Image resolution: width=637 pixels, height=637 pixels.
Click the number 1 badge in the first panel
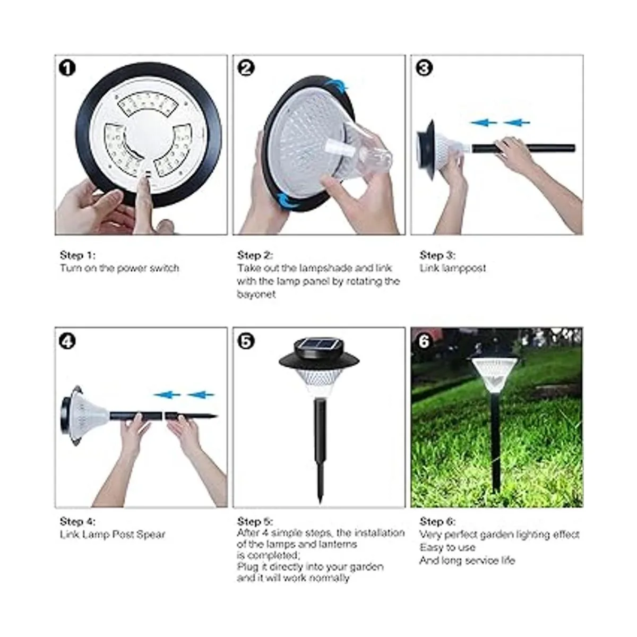click(x=67, y=68)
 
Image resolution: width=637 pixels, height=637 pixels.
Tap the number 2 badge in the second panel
click(x=246, y=68)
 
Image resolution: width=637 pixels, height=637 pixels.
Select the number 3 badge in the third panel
click(x=424, y=68)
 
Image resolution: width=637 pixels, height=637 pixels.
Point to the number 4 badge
click(x=67, y=341)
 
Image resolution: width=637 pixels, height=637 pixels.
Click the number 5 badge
click(x=246, y=341)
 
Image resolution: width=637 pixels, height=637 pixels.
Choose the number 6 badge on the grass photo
click(x=424, y=341)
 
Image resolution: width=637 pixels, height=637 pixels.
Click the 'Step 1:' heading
click(x=78, y=255)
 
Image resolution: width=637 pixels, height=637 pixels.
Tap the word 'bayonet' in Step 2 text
click(x=256, y=294)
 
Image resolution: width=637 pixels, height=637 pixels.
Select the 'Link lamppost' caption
click(x=453, y=268)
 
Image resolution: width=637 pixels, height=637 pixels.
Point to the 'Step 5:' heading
click(x=255, y=521)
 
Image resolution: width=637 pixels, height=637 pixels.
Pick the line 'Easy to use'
click(x=447, y=547)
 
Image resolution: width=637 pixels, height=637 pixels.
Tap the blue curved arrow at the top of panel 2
click(x=337, y=84)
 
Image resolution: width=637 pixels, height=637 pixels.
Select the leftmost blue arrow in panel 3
click(x=484, y=123)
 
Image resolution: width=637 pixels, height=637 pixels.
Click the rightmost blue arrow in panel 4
click(x=201, y=395)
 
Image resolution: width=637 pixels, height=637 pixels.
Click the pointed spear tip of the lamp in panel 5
click(x=320, y=501)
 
